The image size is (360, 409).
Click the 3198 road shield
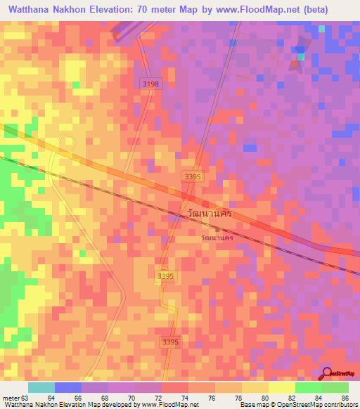coord(149,83)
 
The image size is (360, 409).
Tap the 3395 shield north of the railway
coord(192,176)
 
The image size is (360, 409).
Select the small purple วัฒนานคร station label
coord(217,238)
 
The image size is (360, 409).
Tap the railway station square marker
coord(217,229)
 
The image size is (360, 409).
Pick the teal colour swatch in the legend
coord(41,387)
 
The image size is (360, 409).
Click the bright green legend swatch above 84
coord(308,387)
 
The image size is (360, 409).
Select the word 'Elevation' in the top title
coord(117,9)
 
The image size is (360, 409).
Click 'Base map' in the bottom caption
coord(250,405)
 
